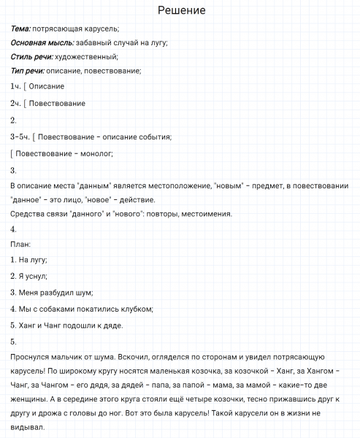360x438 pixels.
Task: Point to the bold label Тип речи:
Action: [28, 71]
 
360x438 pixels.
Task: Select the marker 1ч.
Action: [16, 86]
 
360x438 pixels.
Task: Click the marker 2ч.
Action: [16, 103]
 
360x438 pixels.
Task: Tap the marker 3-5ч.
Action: [20, 136]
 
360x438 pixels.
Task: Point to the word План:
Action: [20, 245]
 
